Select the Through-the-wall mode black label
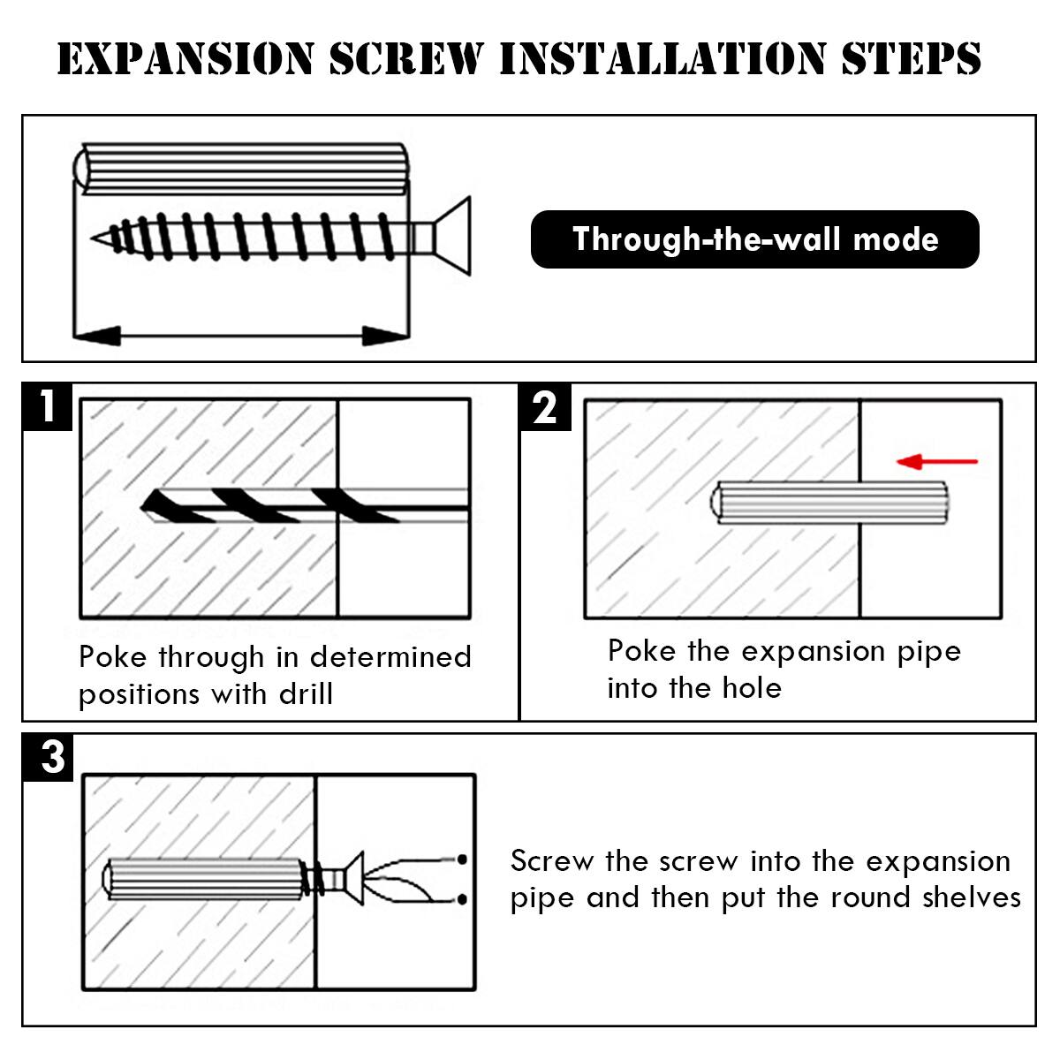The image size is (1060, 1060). point(754,239)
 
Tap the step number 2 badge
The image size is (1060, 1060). point(545,407)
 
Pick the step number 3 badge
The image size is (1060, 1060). point(51,757)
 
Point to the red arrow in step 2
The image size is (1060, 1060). point(936,461)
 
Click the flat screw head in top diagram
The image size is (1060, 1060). point(454,237)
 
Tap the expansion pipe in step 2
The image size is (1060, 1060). point(830,503)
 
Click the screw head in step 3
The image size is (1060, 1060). point(353,878)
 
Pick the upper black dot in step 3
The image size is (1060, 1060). point(461,859)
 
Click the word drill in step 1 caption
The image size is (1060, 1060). point(306,694)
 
